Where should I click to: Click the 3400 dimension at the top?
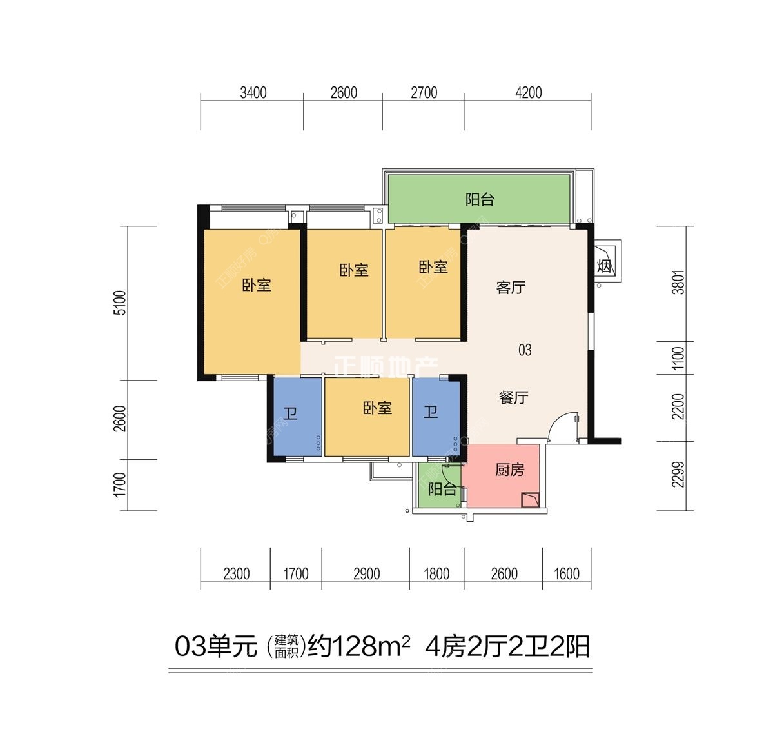click(x=253, y=93)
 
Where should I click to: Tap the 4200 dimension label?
click(x=528, y=93)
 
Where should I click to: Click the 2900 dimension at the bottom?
click(x=366, y=573)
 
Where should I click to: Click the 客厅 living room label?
click(x=511, y=287)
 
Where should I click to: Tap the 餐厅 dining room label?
click(x=513, y=397)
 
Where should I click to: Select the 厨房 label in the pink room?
click(x=509, y=470)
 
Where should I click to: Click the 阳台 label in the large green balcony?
click(x=480, y=199)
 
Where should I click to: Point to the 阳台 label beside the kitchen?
click(x=442, y=489)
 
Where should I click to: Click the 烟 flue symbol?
click(x=604, y=265)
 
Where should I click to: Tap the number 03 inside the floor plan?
click(x=525, y=350)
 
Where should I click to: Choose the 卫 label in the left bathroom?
click(x=290, y=412)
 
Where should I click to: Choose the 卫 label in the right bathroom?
click(x=430, y=411)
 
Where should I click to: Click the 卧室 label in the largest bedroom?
click(x=257, y=284)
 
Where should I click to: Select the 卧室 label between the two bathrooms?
click(x=377, y=408)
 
